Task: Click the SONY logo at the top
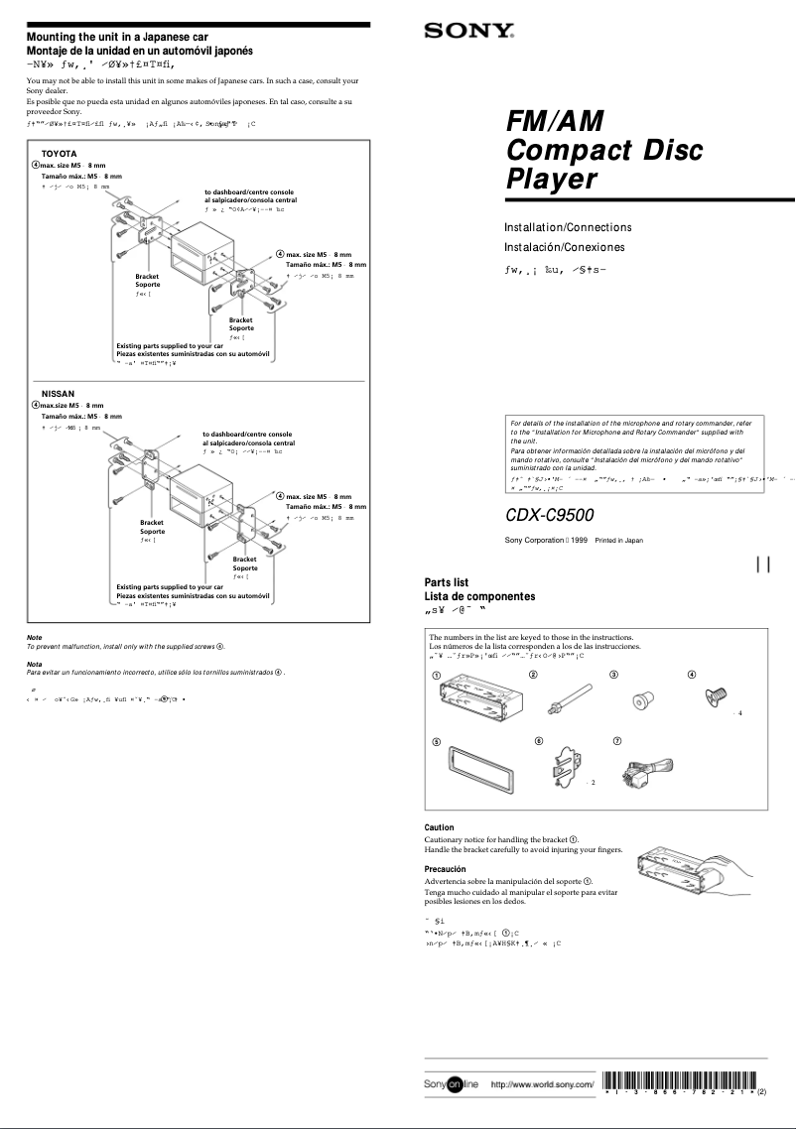click(x=468, y=32)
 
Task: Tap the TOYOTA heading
click(x=59, y=153)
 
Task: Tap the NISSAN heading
click(x=58, y=394)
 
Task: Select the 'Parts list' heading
click(x=447, y=582)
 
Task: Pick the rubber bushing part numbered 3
click(x=641, y=701)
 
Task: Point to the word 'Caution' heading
click(x=439, y=827)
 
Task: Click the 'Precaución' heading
click(x=446, y=868)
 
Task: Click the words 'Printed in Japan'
click(x=618, y=541)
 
